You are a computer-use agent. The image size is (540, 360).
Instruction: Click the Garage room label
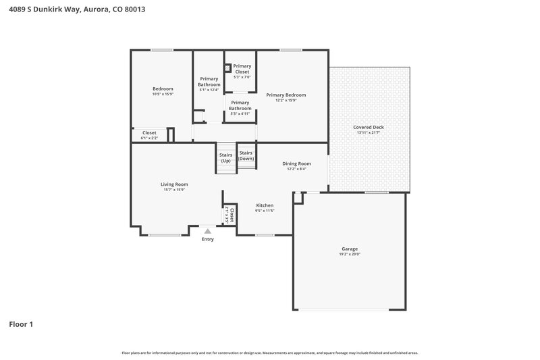pos(350,249)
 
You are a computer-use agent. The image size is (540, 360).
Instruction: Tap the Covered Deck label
pos(369,127)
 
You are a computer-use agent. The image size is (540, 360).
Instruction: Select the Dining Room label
pos(296,163)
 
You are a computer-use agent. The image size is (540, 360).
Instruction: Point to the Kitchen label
pos(265,205)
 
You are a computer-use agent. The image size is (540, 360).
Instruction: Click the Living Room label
pos(174,184)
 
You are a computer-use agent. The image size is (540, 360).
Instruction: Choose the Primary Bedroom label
pos(286,95)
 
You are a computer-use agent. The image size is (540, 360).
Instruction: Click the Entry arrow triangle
pos(207,231)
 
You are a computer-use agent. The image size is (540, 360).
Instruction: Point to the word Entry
pos(207,239)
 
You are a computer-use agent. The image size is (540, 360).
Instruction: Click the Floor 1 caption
pos(21,324)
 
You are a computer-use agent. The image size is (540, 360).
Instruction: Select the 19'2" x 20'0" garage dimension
pos(350,255)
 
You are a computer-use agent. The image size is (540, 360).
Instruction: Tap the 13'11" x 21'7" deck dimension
pos(369,132)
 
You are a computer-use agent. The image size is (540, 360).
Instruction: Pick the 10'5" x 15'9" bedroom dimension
pos(163,94)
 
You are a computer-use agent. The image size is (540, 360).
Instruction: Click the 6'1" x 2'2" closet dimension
pos(149,138)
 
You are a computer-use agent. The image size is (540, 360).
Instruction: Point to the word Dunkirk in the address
pos(55,10)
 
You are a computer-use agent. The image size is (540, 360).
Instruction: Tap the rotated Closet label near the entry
pos(232,215)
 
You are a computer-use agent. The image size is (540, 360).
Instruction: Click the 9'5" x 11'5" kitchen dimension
pos(265,211)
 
